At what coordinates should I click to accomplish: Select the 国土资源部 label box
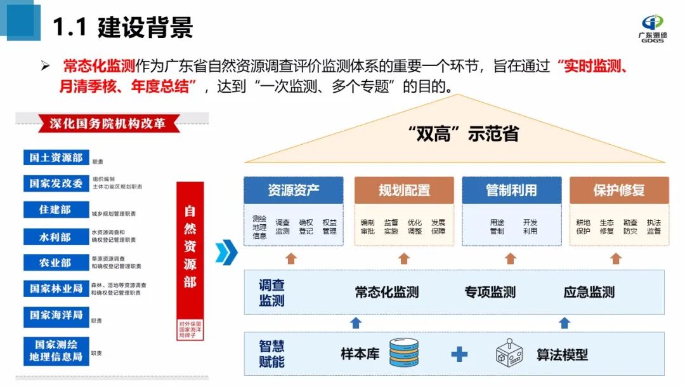56,158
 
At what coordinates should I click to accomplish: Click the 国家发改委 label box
56,183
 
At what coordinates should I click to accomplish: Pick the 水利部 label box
56,237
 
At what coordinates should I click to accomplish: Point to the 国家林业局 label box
56,288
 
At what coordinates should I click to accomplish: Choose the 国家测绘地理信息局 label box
56,350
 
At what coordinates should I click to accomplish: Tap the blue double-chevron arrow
226,252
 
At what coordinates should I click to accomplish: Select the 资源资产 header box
293,190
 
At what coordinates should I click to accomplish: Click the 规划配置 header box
404,190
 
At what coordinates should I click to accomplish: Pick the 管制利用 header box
511,190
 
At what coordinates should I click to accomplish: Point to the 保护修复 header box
618,190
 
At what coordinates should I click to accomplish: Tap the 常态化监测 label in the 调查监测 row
386,292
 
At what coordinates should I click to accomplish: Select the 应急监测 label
589,292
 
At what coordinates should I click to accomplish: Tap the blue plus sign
459,354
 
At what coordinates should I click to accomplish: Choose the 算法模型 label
562,354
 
